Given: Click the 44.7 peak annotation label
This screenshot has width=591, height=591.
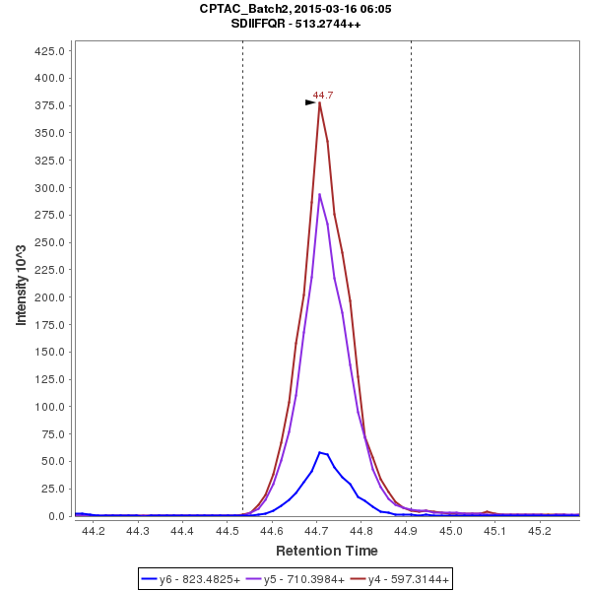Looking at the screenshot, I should point(323,95).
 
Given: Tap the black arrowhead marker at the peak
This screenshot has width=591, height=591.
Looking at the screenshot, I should point(310,102).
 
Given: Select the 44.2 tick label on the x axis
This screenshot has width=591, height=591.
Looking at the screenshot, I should point(94,531).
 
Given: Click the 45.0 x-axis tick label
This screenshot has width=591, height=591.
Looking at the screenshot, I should point(451,531).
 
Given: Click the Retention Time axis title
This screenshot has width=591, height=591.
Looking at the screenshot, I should point(326,551).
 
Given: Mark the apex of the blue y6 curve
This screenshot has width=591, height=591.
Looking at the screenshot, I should point(320,452).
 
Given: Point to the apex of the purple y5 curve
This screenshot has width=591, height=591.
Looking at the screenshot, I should point(320,194).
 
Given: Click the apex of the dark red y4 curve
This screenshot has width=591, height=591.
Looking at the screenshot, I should point(320,101).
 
